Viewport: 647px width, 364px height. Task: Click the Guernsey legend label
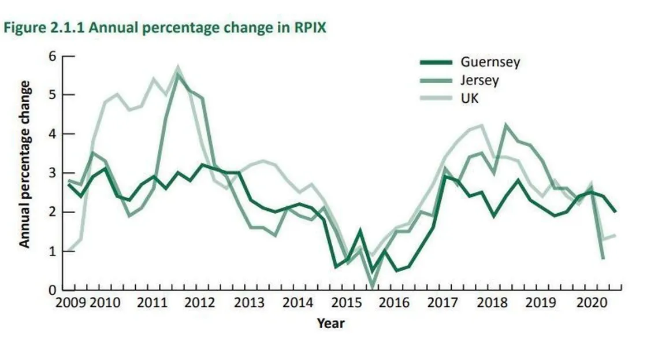pyautogui.click(x=490, y=62)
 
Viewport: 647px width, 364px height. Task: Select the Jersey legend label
pyautogui.click(x=479, y=80)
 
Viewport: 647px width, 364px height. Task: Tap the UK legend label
pyautogui.click(x=470, y=98)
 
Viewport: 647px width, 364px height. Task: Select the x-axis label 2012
pyautogui.click(x=199, y=303)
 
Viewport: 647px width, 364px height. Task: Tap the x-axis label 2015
pyautogui.click(x=345, y=303)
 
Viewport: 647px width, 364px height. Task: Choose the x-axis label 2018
pyautogui.click(x=492, y=303)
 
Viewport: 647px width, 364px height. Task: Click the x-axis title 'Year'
pyautogui.click(x=330, y=323)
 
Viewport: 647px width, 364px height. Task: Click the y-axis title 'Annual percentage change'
pyautogui.click(x=25, y=165)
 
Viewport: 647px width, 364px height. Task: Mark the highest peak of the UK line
pyautogui.click(x=178, y=68)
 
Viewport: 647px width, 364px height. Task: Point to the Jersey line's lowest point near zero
pyautogui.click(x=373, y=287)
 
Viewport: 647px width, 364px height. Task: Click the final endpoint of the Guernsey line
pyautogui.click(x=616, y=212)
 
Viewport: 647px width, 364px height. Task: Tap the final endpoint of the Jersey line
pyautogui.click(x=604, y=258)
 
